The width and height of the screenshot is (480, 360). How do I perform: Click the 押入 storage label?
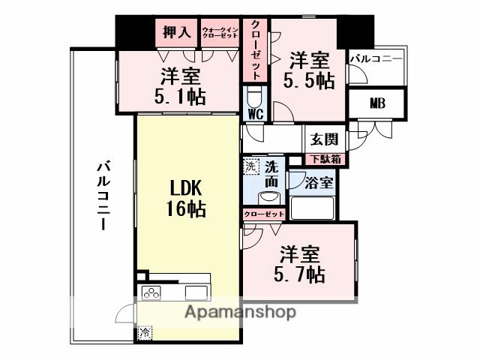pos(178,34)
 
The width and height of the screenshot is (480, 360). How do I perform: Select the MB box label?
pos(376,103)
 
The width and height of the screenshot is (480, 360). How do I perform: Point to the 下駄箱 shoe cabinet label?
pos(325,159)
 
